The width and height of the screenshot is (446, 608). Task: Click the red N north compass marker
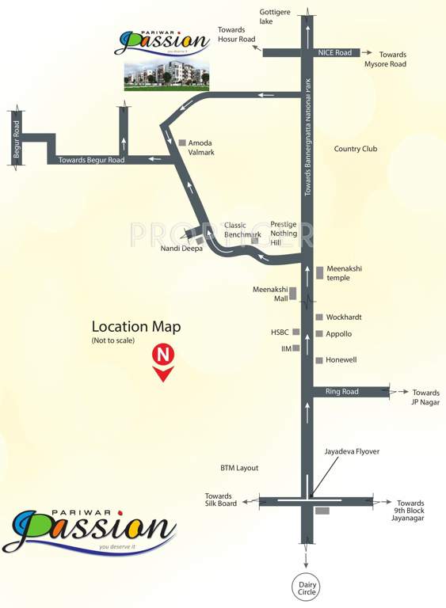pos(162,355)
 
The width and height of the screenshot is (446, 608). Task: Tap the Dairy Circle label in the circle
pos(307,587)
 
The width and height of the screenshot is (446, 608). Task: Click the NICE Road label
pos(334,52)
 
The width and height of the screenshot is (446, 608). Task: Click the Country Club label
pos(356,149)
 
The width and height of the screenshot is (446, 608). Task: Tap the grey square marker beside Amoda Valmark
pos(181,142)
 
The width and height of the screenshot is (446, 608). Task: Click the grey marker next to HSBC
pos(296,332)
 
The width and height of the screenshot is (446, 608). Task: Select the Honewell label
pos(341,360)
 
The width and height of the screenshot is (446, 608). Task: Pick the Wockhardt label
pos(344,317)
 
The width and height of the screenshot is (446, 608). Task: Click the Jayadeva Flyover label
pos(352,451)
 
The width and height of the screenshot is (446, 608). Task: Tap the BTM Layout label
pos(240,468)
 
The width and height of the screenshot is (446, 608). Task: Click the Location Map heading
pos(136,326)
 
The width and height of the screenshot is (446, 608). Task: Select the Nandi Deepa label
pos(181,249)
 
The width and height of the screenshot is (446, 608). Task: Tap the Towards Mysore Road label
pos(385,59)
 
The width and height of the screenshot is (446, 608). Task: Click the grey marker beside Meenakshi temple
pos(319,272)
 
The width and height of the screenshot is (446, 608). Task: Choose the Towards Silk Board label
pos(218,501)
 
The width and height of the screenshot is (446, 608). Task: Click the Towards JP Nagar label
pos(425,397)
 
